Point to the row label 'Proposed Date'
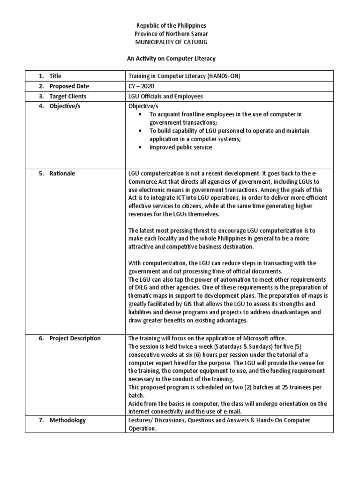click(x=69, y=86)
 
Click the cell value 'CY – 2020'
click(x=142, y=86)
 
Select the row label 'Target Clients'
click(x=68, y=97)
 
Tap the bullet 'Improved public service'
click(x=180, y=147)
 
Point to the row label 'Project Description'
click(x=75, y=338)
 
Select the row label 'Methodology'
click(x=67, y=420)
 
